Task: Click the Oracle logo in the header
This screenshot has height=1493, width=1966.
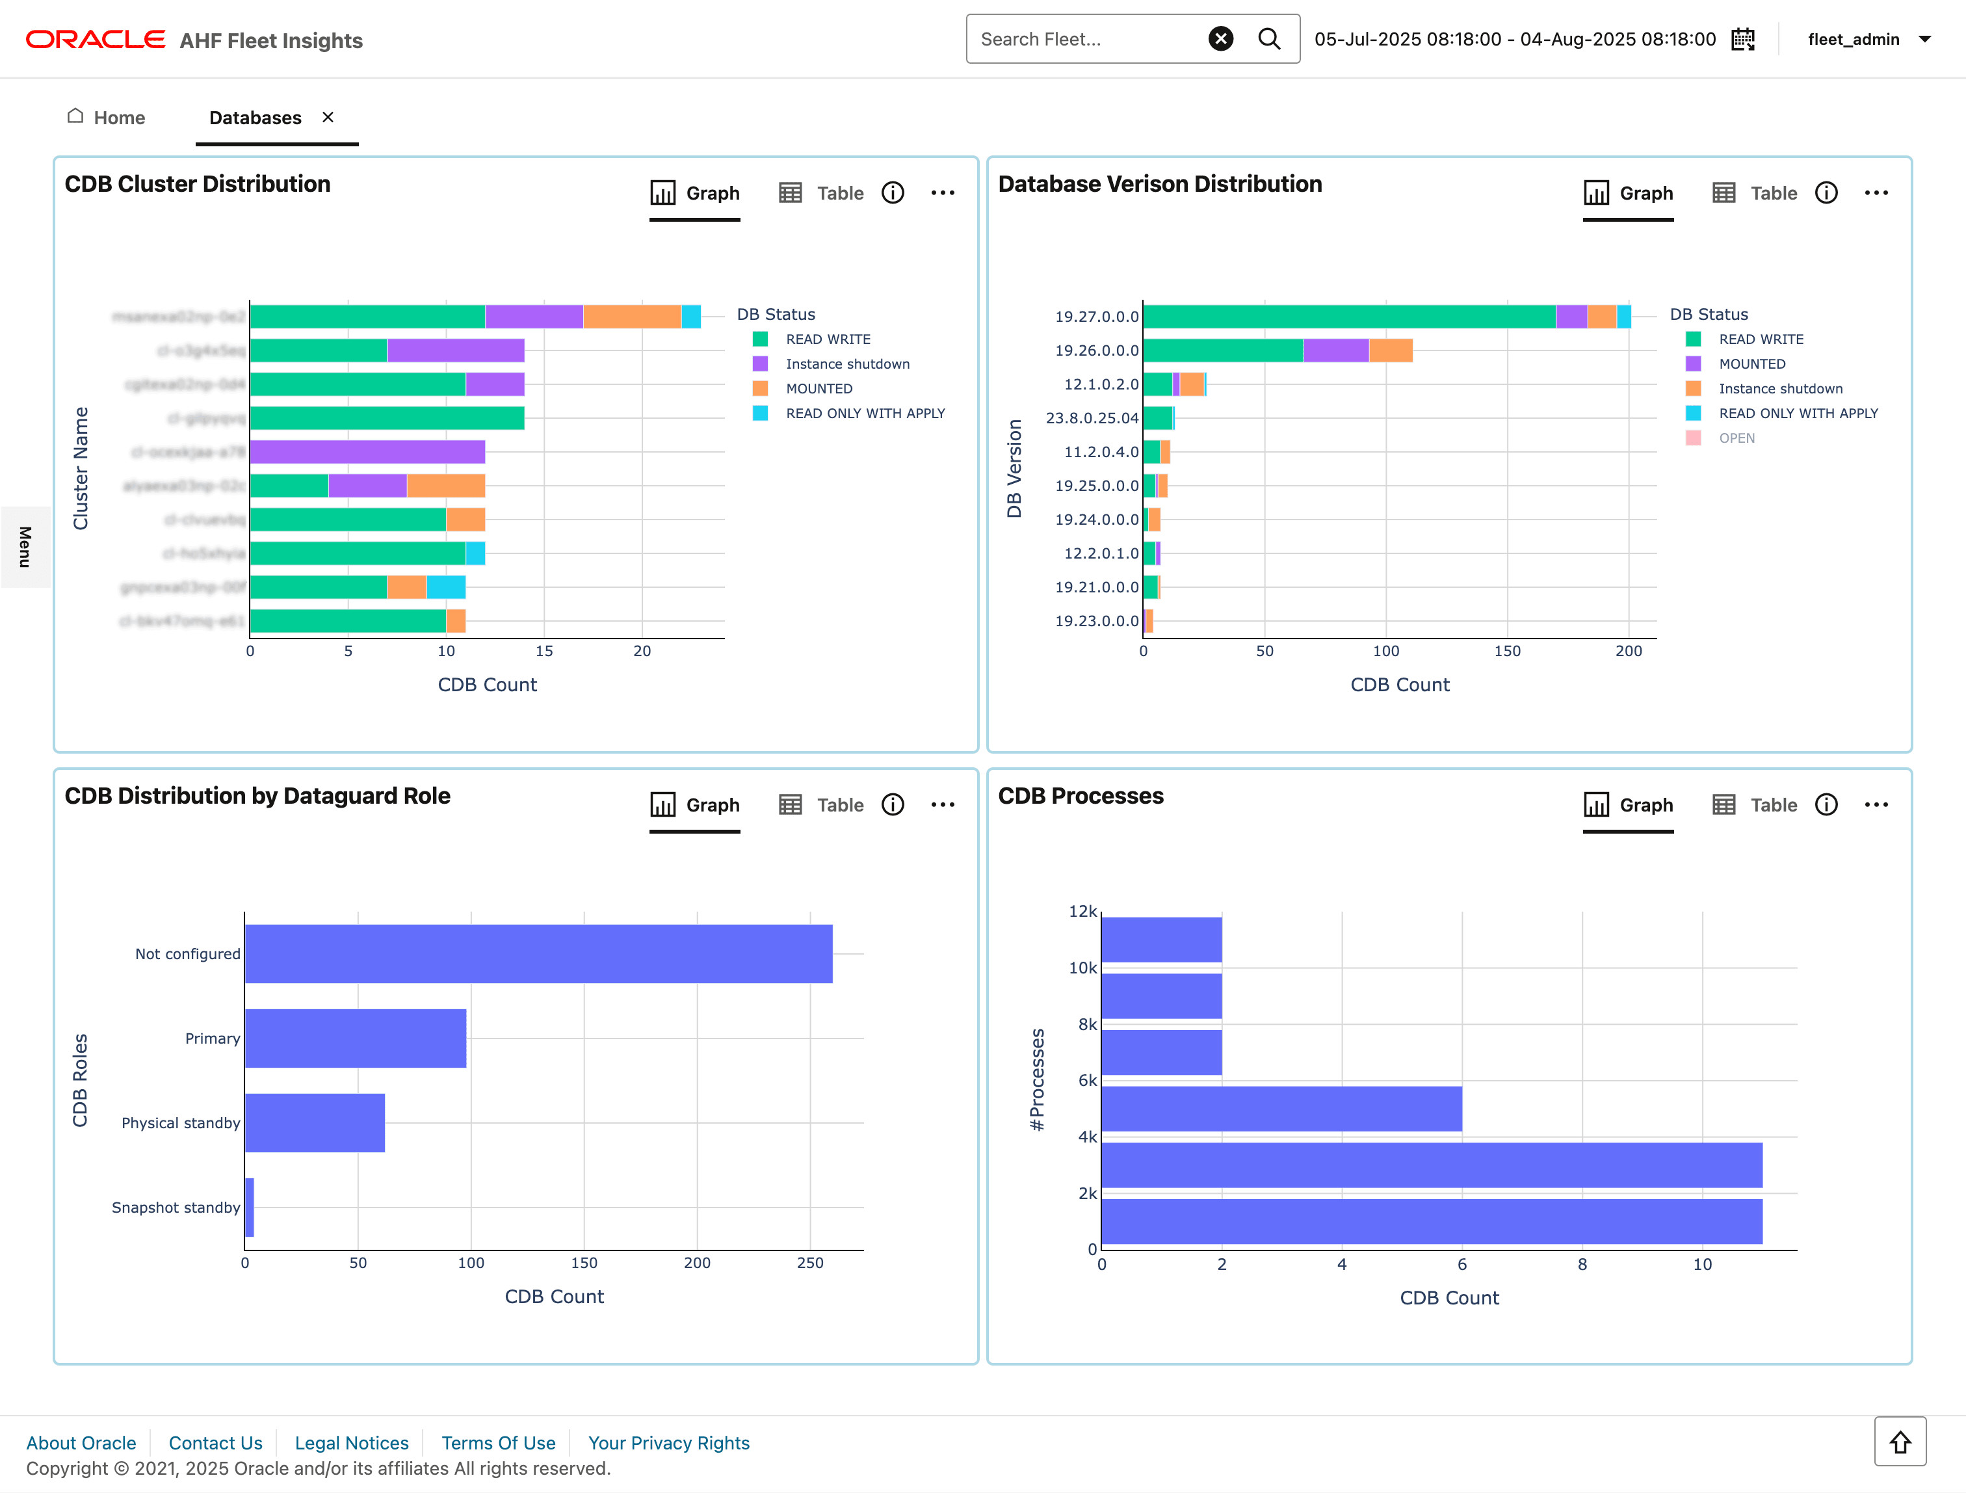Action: coord(95,40)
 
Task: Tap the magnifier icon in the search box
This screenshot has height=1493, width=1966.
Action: coord(1269,39)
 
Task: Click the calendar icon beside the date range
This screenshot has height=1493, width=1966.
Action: coord(1743,39)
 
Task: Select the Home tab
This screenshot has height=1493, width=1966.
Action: coord(107,118)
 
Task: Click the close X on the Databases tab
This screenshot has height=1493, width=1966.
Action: coord(328,118)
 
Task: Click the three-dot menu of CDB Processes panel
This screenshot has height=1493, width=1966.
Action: coord(1876,805)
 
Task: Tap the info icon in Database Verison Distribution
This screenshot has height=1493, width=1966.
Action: coord(1826,193)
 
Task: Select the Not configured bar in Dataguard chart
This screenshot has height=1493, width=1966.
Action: coord(538,953)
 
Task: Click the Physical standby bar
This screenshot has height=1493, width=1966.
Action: coord(315,1122)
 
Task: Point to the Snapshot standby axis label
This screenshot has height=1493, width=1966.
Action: coord(176,1208)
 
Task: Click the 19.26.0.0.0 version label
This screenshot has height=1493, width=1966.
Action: coord(1096,350)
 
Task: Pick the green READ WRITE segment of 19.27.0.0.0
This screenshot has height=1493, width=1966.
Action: coord(1348,317)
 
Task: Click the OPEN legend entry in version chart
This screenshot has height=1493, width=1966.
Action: coord(1736,438)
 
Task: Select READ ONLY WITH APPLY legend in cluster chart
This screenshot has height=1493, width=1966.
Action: coord(864,414)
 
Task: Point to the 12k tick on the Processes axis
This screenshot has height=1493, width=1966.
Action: coord(1082,912)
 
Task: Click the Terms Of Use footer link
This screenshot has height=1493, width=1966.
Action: coord(499,1442)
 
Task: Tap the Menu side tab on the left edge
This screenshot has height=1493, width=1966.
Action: coord(25,547)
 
